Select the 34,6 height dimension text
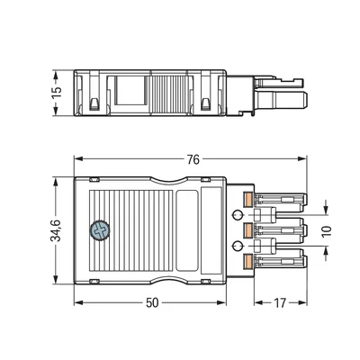56,229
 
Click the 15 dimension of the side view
56,91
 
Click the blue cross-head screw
99,230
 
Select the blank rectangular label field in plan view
189,229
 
